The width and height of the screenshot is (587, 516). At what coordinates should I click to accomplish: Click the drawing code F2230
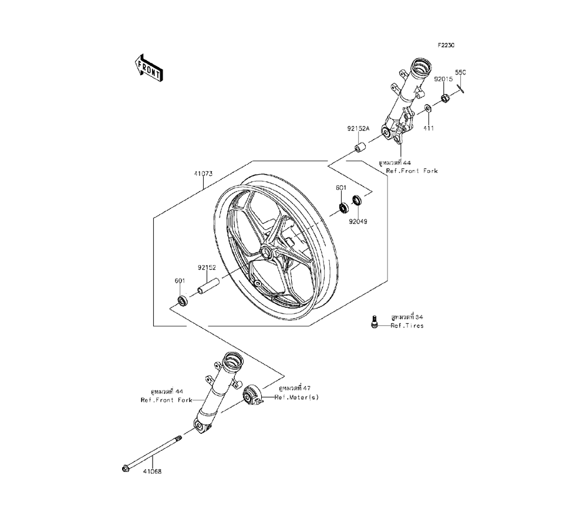pos(446,45)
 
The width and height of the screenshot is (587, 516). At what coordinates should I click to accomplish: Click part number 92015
pos(443,78)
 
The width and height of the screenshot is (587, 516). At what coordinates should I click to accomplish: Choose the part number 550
pos(461,72)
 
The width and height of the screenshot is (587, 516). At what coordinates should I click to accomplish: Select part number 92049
pos(358,222)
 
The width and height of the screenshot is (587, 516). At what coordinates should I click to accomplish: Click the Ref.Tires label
pos(407,325)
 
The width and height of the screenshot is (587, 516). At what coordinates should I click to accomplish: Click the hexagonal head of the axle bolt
pos(126,468)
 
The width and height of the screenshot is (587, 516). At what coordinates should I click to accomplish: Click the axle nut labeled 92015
pos(444,96)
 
